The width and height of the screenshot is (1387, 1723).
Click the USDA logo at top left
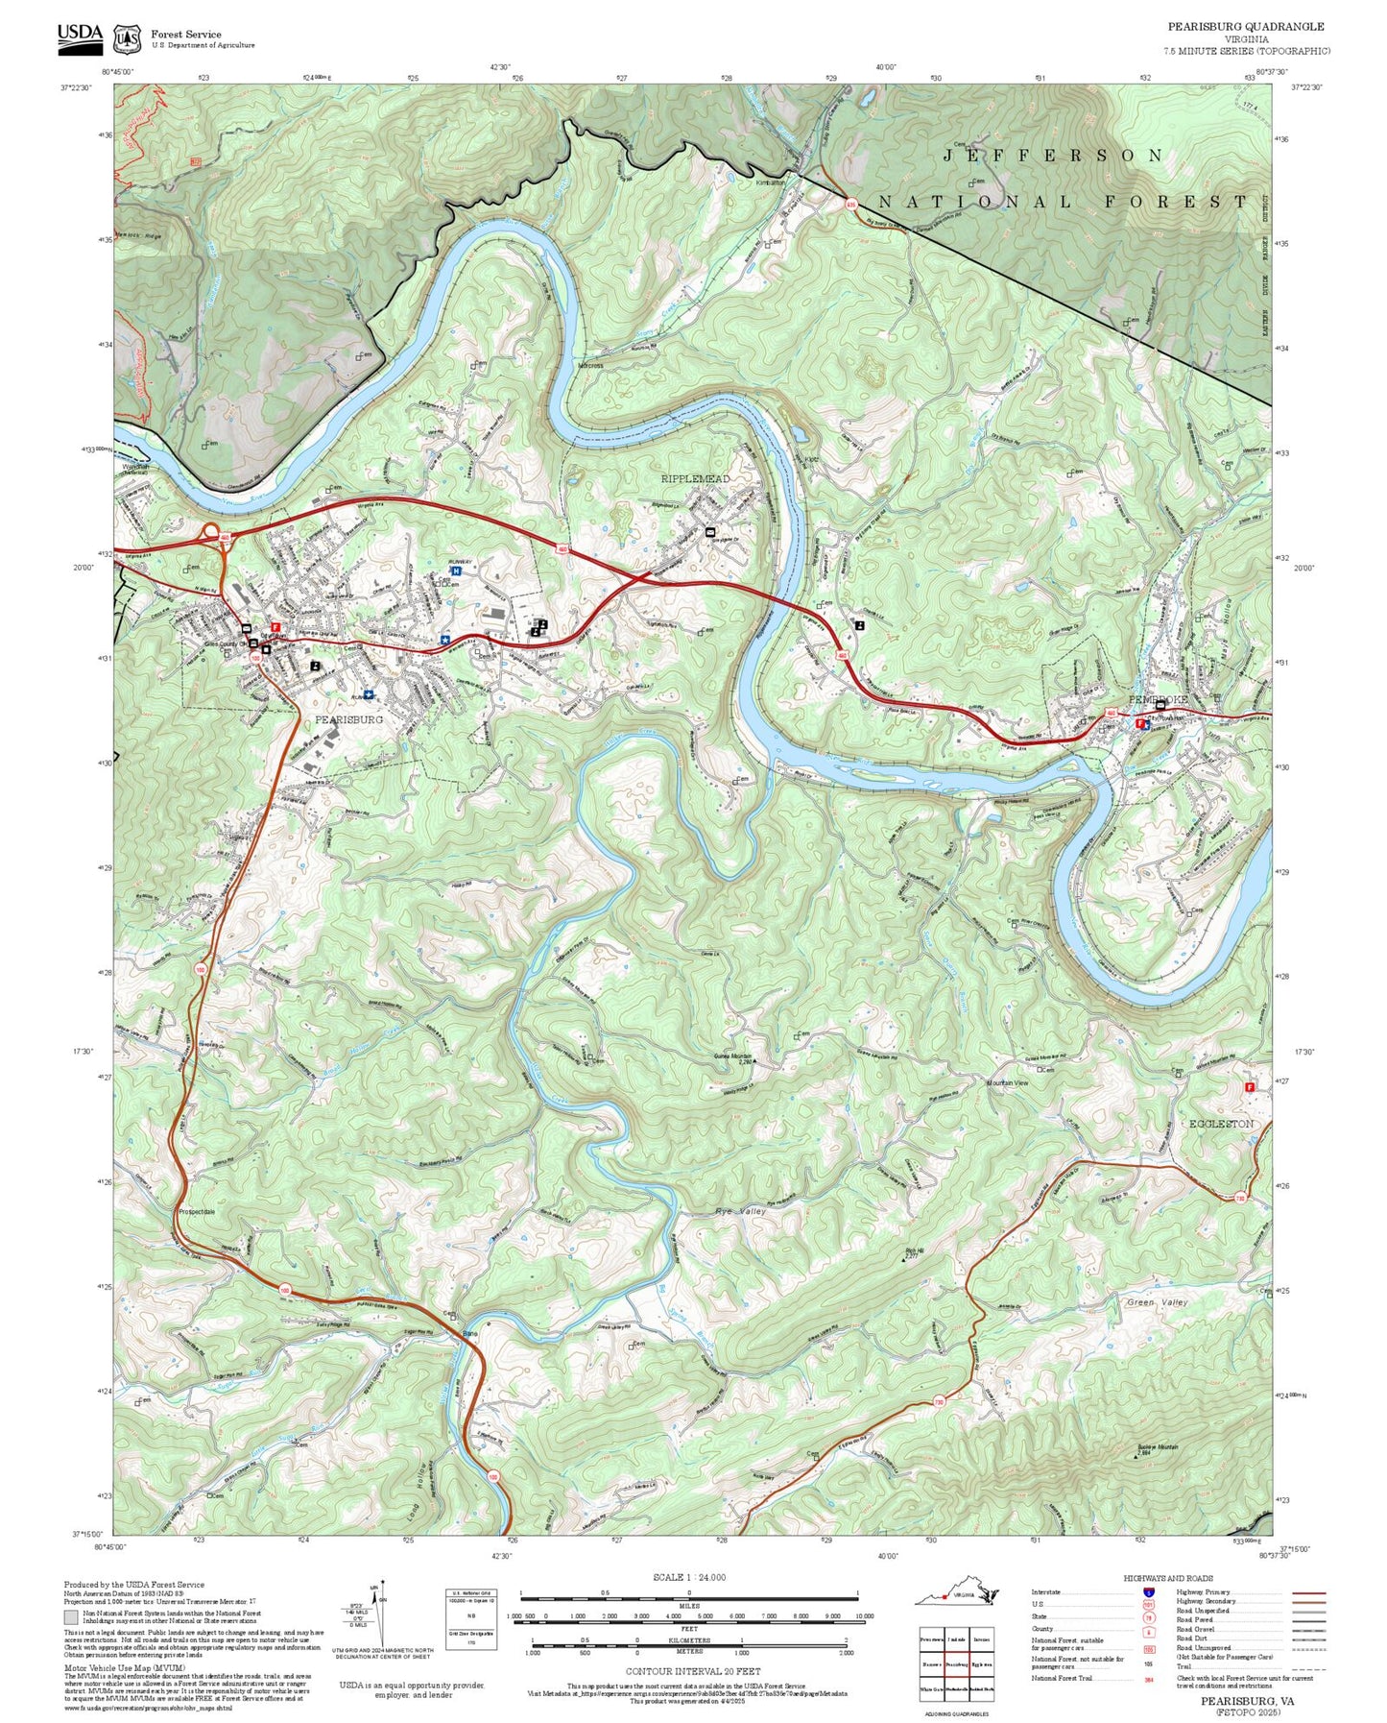[x=80, y=36]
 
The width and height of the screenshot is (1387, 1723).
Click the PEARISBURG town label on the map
[x=348, y=718]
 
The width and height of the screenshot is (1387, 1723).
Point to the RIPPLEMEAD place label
[x=695, y=478]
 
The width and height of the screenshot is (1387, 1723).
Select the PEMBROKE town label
[x=1158, y=699]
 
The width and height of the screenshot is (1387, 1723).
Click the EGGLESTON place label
[x=1221, y=1123]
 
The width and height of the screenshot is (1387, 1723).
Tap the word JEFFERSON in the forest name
[x=1053, y=156]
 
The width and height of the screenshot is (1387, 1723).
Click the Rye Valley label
[x=740, y=1212]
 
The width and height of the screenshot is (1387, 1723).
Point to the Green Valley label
[x=1157, y=1302]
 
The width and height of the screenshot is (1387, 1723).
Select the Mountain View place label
[x=1007, y=1082]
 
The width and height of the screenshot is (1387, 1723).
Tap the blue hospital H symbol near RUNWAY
[x=456, y=570]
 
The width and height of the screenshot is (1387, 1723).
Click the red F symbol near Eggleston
[x=1249, y=1087]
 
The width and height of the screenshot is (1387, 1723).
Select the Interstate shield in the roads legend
[x=1148, y=1591]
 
